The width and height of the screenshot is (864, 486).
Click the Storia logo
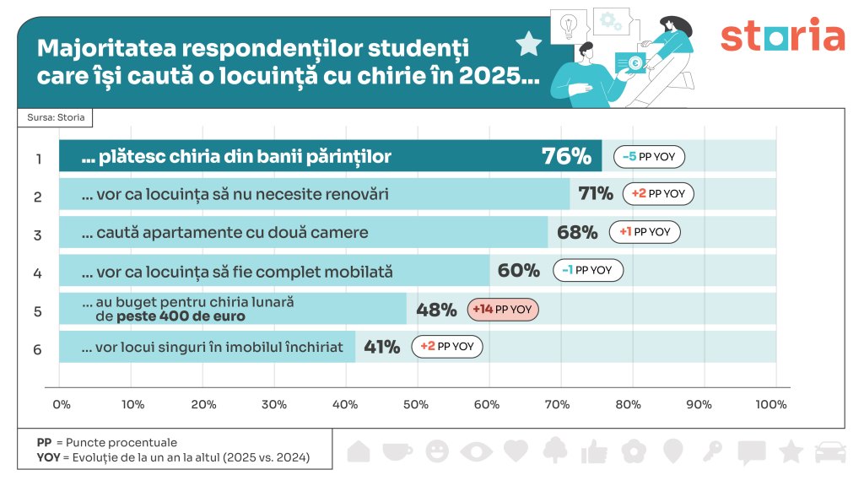point(782,35)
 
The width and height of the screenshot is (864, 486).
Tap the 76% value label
point(566,156)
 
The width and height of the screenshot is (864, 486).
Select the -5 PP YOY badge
point(649,157)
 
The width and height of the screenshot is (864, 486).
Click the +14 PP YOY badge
point(503,310)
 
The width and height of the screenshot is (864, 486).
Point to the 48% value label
point(436,310)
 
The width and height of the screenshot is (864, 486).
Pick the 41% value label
point(381,346)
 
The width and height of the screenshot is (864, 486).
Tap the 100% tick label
point(771,405)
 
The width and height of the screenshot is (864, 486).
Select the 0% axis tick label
point(62,405)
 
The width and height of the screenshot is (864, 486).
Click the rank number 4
point(37,273)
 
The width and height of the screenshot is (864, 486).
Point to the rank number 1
point(37,158)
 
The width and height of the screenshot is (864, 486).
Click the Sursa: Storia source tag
point(56,117)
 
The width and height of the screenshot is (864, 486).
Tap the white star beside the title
point(528,43)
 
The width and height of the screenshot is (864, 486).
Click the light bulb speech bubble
point(568,26)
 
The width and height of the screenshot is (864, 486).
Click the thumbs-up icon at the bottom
point(594,451)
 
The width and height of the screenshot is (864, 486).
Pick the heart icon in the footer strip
point(515,451)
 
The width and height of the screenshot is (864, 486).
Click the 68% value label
point(578,232)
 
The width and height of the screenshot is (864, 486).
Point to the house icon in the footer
point(359,451)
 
